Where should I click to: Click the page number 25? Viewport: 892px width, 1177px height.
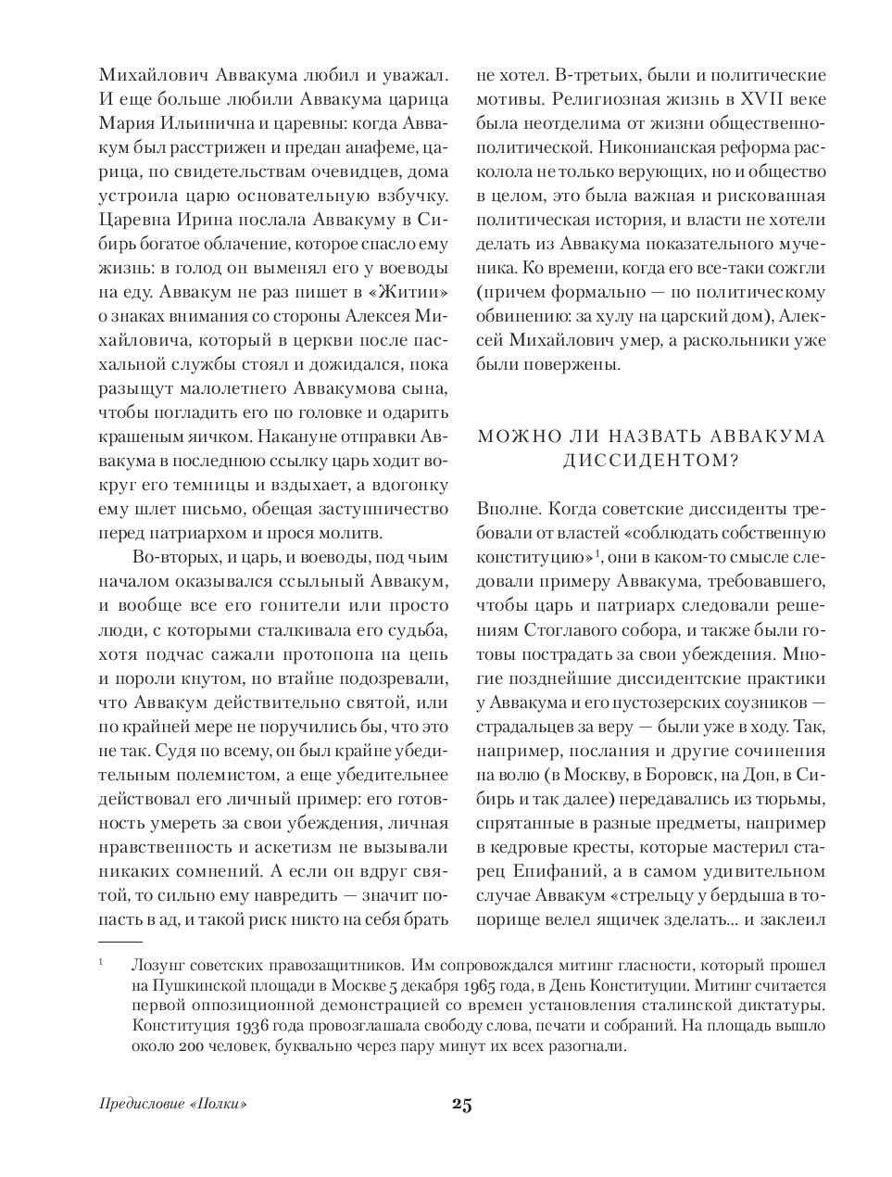462,1104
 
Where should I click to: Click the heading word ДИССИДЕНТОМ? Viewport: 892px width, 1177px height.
650,461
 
